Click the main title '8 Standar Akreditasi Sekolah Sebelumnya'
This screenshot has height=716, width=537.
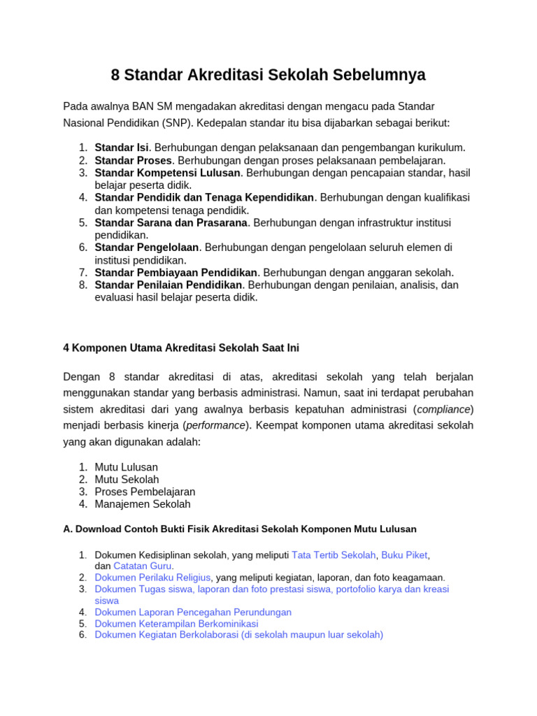(x=268, y=75)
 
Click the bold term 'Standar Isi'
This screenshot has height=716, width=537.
(x=122, y=148)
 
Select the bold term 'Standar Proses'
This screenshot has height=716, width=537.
(x=133, y=160)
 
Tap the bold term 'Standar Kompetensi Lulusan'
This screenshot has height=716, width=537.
(x=168, y=173)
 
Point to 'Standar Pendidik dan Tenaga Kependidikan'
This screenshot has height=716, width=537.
(x=204, y=198)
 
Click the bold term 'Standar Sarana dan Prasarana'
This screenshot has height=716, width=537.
(x=171, y=222)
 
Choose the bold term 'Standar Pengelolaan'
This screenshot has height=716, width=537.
(x=147, y=248)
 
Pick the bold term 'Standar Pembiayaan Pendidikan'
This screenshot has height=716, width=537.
(x=176, y=273)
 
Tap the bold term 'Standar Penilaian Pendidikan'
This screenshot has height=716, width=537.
(x=169, y=285)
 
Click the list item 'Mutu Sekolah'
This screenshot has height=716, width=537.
(x=127, y=480)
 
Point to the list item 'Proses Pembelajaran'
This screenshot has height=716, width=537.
(x=145, y=492)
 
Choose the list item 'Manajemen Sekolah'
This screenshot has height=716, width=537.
(x=143, y=504)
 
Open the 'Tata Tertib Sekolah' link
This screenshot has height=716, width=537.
(x=334, y=555)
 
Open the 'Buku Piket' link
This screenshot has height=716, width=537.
(x=404, y=555)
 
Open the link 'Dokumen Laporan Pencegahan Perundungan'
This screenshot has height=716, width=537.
(x=193, y=612)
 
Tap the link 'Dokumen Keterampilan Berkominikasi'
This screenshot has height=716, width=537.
(x=176, y=624)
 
